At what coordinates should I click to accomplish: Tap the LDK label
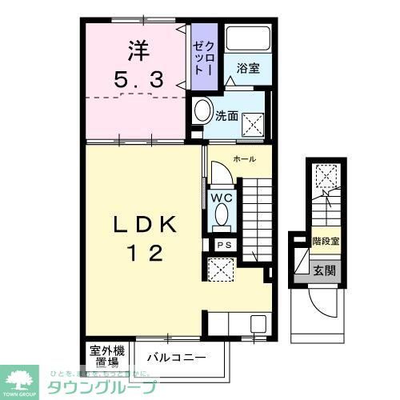coord(146,226)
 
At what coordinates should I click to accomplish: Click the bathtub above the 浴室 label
coord(246,40)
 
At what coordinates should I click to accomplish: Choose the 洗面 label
coord(226,116)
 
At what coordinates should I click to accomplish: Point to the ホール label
coord(244,159)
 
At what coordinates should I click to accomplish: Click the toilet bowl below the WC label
coord(220,217)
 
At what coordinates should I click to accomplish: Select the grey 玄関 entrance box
coord(326,269)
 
